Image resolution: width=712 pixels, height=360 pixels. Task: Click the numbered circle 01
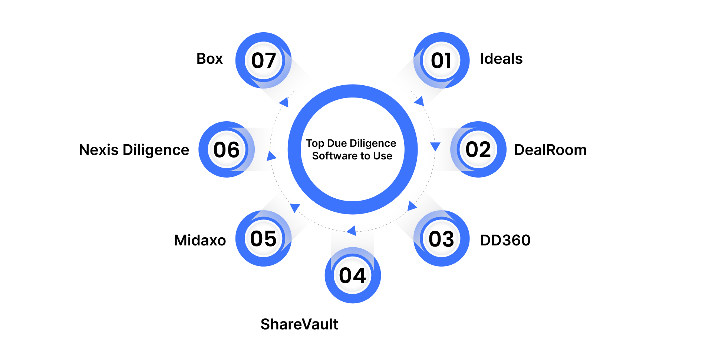click(441, 60)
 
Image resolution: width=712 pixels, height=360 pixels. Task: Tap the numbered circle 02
click(478, 149)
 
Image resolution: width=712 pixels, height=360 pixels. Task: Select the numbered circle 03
click(441, 238)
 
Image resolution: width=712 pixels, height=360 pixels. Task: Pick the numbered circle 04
click(352, 275)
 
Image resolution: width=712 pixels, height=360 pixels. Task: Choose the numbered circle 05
click(263, 238)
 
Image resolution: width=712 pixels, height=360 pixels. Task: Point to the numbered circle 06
click(226, 149)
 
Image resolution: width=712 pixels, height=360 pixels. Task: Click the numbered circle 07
click(263, 60)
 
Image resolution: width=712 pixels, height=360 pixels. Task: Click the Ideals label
click(501, 59)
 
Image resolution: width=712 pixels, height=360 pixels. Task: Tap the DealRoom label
click(550, 150)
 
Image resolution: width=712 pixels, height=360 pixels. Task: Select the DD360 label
click(505, 240)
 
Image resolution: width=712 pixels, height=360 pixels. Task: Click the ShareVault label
click(299, 324)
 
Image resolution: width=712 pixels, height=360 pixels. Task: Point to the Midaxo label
click(200, 240)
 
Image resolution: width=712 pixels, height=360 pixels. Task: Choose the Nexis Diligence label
click(134, 150)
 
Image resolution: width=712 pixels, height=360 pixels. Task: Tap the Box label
click(210, 59)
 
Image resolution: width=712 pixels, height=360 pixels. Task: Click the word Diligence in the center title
click(373, 143)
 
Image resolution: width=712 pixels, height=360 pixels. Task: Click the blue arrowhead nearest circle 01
click(419, 101)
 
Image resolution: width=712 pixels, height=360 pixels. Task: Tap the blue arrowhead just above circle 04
click(352, 231)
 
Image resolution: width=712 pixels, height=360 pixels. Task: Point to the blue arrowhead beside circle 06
click(271, 156)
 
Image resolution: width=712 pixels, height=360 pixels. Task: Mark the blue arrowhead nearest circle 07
click(284, 102)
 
